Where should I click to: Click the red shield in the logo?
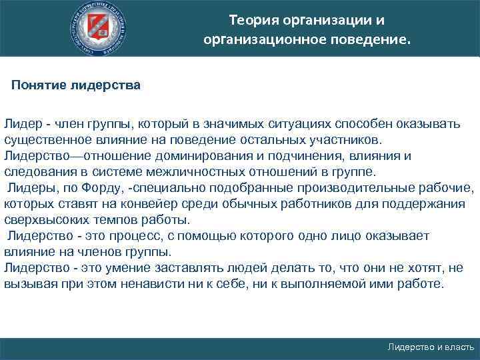pos(101,28)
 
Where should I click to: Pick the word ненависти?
pos(164,285)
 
